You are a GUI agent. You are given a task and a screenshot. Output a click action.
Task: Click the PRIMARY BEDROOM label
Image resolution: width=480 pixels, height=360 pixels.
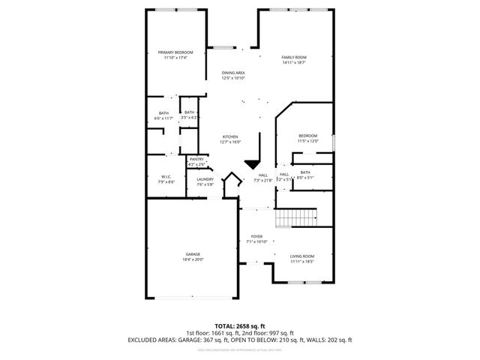click(175, 52)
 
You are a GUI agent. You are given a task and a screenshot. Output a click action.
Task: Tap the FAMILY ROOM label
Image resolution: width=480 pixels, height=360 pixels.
click(294, 57)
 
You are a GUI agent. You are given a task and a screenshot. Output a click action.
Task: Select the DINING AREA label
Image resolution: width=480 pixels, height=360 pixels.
click(233, 73)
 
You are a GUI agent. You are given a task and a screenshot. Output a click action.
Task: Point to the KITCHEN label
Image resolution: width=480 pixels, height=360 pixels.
click(229, 136)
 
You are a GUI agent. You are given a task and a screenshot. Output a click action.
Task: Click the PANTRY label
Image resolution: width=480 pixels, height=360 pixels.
click(196, 159)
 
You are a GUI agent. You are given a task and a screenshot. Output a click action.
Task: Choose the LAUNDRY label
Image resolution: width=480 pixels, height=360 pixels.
click(205, 179)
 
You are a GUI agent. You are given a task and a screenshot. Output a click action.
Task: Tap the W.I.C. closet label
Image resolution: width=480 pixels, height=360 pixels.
click(166, 177)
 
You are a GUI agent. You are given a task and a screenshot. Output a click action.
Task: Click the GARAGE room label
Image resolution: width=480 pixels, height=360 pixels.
click(193, 254)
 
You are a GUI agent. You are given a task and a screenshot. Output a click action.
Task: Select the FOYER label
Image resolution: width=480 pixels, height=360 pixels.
click(256, 236)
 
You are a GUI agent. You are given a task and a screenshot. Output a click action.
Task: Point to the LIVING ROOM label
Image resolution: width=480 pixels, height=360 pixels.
click(301, 256)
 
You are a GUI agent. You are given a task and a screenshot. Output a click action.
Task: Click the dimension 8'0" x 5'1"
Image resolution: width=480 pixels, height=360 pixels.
click(305, 178)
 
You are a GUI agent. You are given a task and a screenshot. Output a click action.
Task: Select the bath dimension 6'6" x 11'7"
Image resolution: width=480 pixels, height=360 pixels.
click(163, 118)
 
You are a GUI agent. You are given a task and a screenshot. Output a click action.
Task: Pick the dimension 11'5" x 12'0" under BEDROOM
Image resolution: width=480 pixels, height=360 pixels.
click(307, 141)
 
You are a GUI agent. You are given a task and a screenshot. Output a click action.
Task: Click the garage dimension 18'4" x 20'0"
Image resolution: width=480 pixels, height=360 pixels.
click(193, 259)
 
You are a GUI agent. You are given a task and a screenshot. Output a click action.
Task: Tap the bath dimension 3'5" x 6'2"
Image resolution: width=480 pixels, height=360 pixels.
click(189, 118)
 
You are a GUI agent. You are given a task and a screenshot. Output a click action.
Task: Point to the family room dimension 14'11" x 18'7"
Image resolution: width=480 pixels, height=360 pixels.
click(294, 63)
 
